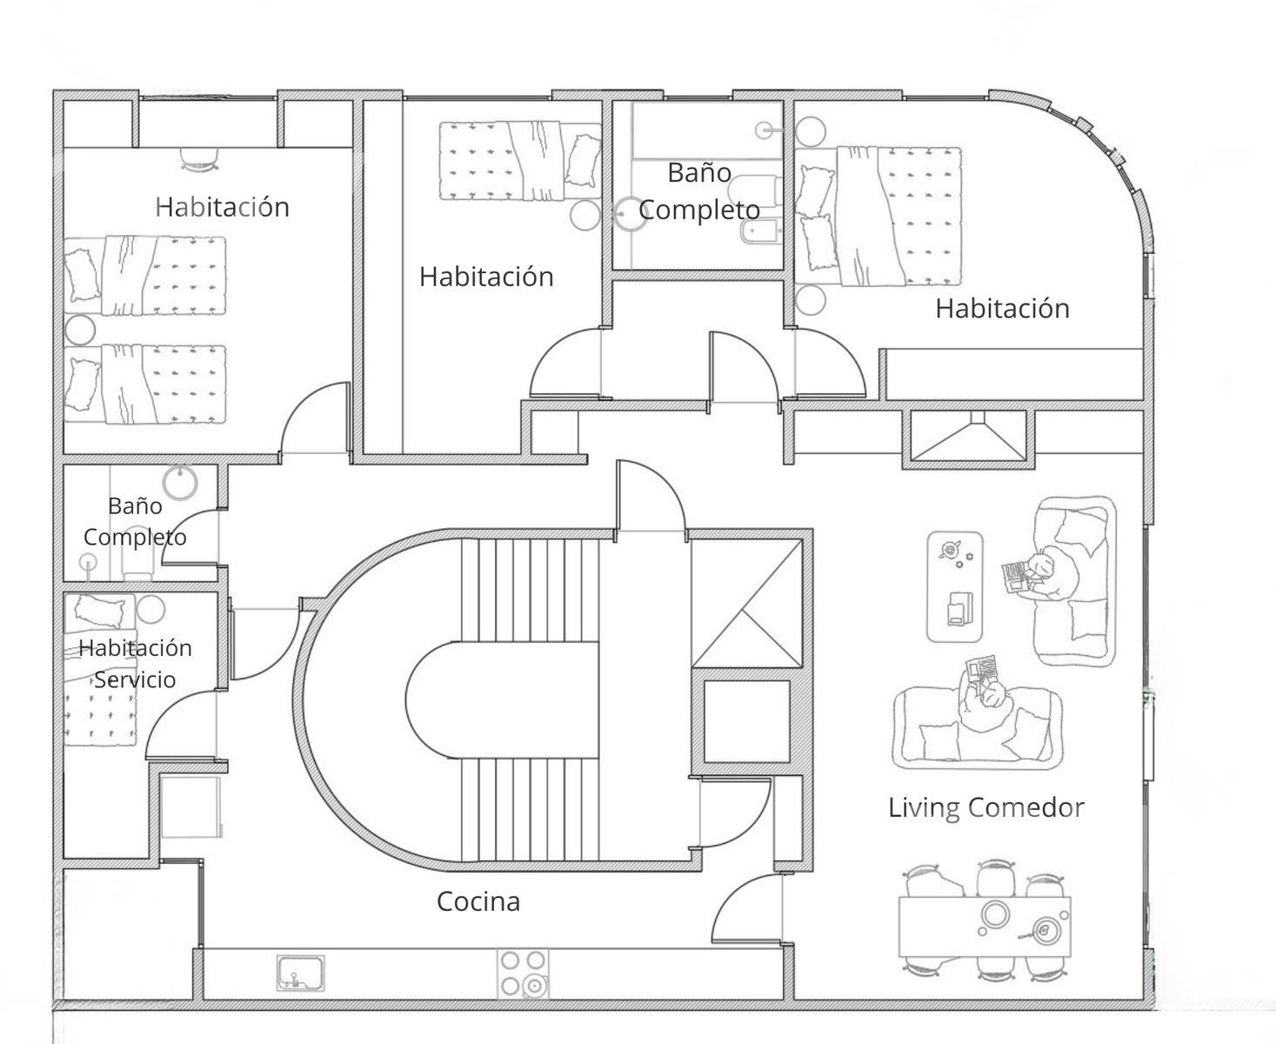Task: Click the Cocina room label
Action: coord(478,902)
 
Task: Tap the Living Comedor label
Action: coord(985,807)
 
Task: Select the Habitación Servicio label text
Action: coord(135,664)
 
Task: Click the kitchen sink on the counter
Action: coord(301,974)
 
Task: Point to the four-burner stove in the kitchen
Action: coord(524,974)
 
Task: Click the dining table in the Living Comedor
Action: coord(985,926)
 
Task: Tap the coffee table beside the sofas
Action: coord(954,586)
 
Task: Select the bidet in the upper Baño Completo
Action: coord(760,231)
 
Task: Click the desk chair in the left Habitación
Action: coord(199,160)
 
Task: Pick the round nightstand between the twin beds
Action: coord(80,331)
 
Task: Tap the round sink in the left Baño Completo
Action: coord(180,482)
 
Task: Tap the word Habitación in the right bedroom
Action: coord(1003,309)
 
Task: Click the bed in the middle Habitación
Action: coord(520,161)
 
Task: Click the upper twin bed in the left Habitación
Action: coord(145,276)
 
